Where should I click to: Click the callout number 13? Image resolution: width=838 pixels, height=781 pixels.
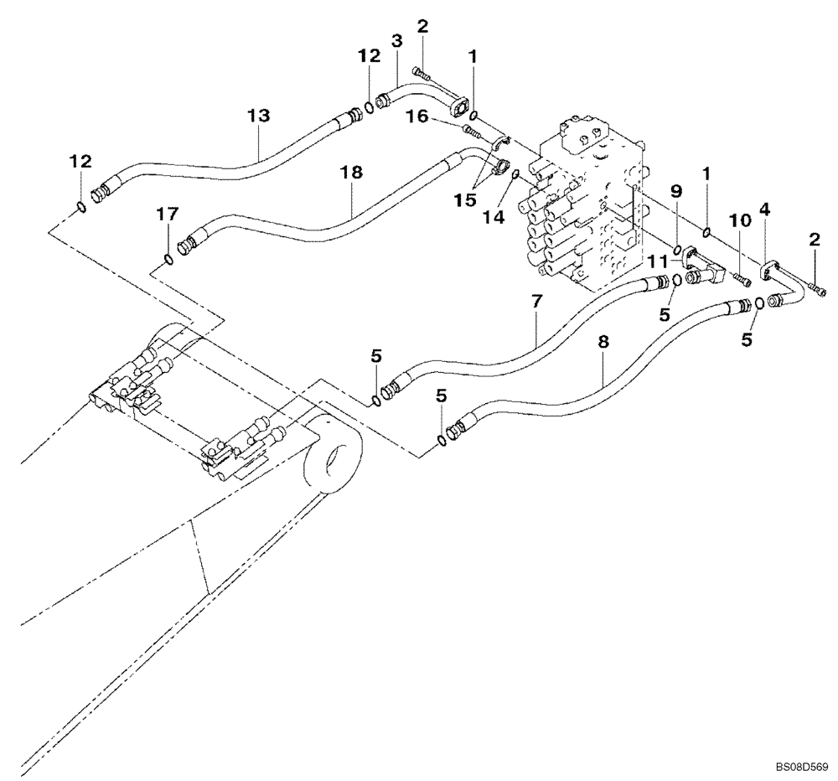click(x=260, y=115)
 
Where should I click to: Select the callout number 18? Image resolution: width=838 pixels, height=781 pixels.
click(x=352, y=172)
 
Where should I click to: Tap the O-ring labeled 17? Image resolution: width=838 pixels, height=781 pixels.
click(x=168, y=259)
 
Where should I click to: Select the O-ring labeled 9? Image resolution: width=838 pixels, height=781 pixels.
click(x=676, y=249)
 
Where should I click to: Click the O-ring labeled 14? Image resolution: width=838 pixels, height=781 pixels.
click(x=517, y=174)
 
